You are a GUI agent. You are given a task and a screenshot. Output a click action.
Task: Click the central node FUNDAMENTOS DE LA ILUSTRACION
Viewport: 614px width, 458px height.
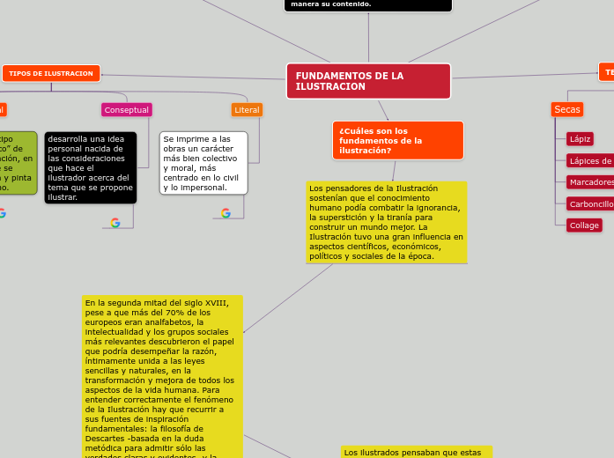(368, 81)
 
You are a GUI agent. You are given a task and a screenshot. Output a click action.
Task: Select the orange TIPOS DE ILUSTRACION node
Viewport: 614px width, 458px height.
(51, 73)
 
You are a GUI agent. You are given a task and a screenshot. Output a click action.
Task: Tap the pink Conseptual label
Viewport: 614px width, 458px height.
(127, 110)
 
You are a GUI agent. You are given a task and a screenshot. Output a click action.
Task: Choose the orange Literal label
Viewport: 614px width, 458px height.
(247, 110)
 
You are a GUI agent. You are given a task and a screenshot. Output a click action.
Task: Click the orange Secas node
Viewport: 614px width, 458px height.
(566, 109)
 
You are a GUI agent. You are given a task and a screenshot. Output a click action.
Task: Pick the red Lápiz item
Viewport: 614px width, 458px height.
(580, 139)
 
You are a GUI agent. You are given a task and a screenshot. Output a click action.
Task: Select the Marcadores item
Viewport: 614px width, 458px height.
(591, 182)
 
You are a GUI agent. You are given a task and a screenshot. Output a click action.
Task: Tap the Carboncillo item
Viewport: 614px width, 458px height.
(591, 203)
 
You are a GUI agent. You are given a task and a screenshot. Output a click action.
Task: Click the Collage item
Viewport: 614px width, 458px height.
(584, 225)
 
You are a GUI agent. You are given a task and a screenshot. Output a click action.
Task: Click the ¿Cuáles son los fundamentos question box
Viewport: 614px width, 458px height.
(398, 140)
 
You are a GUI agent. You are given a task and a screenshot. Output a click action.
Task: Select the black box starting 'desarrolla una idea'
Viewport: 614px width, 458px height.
(91, 167)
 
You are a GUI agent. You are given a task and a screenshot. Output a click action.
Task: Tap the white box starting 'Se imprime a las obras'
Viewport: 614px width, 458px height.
(203, 163)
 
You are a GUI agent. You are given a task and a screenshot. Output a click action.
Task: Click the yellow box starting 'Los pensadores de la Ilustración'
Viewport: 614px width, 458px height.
(386, 222)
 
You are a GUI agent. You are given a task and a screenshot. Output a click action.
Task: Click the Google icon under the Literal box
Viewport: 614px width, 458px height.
(226, 213)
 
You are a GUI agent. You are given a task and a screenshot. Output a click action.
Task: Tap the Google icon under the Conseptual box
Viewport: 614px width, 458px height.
(115, 223)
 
